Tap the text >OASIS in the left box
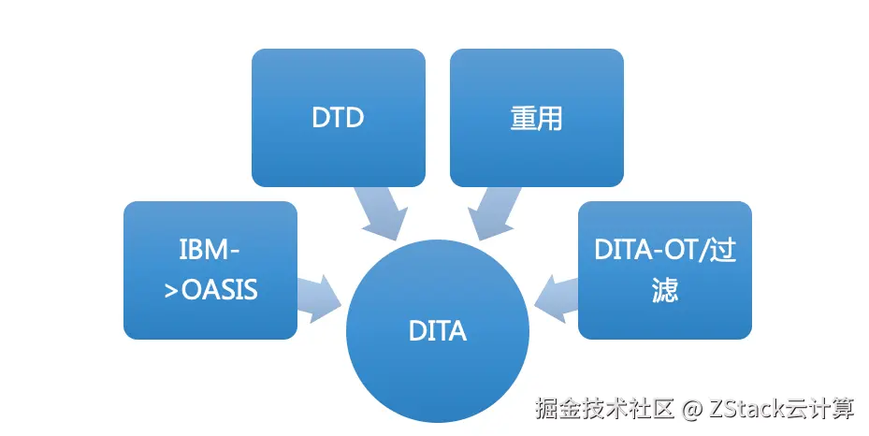click(x=210, y=289)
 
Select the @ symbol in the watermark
click(x=691, y=409)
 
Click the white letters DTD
click(x=338, y=119)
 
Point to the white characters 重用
click(x=536, y=119)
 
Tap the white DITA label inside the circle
click(x=438, y=331)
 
